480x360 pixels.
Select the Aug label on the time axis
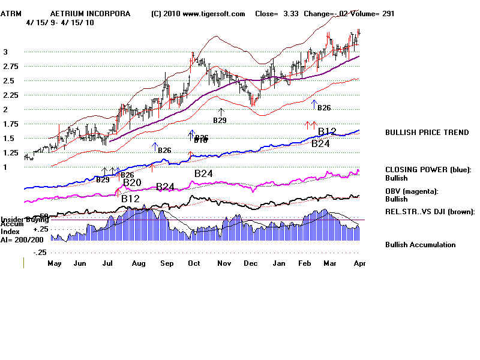click(139, 263)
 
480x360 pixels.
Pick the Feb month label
click(304, 263)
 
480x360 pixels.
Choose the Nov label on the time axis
click(224, 263)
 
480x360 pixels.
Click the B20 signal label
click(132, 182)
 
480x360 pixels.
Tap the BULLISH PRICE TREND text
click(427, 133)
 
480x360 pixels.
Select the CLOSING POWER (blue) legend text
click(428, 170)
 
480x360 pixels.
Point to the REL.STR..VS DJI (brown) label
click(430, 212)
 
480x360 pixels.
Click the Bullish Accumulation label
click(420, 245)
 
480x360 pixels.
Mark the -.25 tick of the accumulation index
click(40, 253)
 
